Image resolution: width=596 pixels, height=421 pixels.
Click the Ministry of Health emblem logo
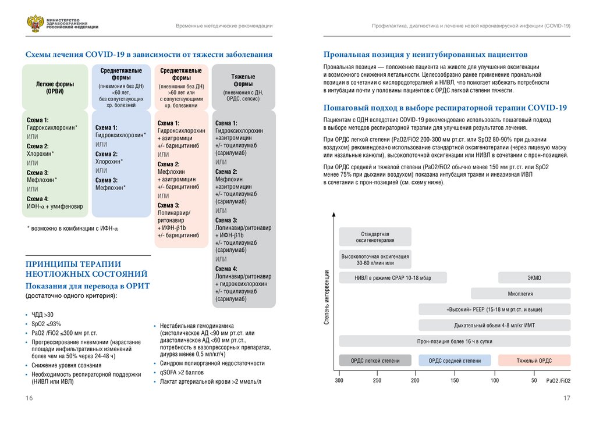(34, 24)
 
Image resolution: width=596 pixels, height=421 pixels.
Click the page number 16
(29, 398)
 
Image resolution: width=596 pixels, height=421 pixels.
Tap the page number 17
(567, 398)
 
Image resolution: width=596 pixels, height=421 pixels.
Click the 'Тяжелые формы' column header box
(243, 87)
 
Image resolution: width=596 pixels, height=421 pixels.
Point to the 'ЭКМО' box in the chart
(534, 277)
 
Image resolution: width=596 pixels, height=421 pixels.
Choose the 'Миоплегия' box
(520, 294)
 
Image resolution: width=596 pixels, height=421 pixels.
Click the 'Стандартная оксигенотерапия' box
(375, 237)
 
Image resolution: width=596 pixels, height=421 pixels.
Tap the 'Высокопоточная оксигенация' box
(375, 259)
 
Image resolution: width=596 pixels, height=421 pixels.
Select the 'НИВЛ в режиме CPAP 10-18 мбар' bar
(393, 277)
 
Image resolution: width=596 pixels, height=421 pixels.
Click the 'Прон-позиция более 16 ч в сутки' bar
(455, 342)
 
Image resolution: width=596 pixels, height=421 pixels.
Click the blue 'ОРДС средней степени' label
(455, 361)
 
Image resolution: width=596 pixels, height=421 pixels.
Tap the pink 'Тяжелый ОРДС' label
(534, 361)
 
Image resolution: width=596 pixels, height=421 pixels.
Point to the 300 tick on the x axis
(339, 380)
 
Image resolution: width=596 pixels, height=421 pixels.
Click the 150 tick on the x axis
(455, 380)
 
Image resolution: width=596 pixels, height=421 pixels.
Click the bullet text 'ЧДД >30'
(42, 315)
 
